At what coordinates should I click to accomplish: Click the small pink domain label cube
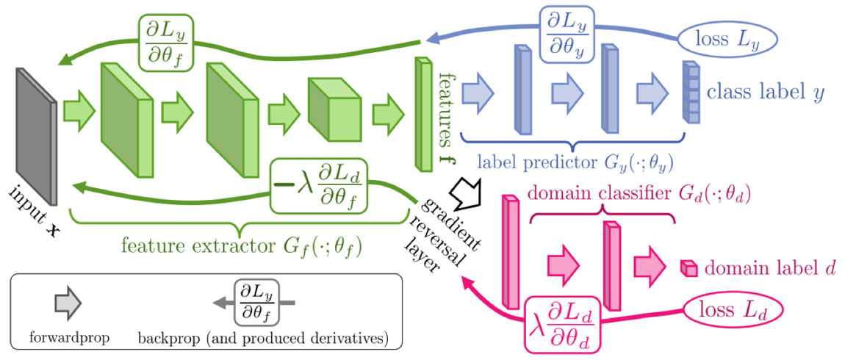point(687,268)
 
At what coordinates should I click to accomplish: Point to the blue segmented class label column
point(688,93)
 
